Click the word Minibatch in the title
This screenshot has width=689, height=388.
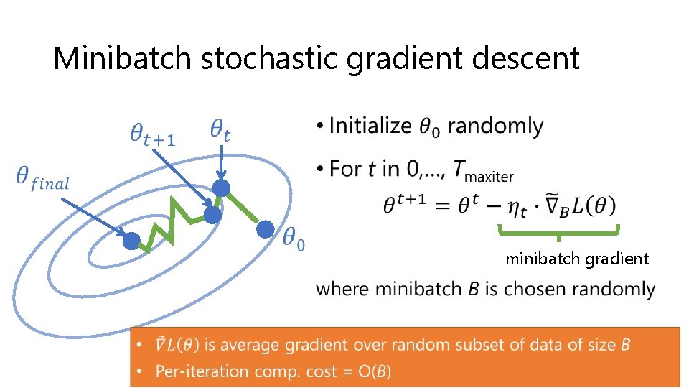122,57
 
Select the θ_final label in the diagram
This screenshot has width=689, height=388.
42,178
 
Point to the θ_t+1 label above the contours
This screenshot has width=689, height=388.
152,134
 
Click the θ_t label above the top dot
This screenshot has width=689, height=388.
220,130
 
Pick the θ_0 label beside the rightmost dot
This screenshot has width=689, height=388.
294,240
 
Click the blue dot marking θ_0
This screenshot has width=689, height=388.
265,229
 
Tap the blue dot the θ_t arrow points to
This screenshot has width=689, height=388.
221,188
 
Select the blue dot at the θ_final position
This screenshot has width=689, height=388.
131,241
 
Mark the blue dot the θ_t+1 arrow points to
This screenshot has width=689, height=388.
212,215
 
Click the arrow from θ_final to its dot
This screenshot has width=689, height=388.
93,216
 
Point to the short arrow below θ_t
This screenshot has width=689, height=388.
221,162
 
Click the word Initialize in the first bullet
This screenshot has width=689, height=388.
370,126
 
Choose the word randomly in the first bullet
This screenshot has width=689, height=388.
495,126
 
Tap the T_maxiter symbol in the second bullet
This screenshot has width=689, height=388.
483,171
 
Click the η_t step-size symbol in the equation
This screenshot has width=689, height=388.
517,207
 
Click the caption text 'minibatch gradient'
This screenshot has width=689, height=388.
577,259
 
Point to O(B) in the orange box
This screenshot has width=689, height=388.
375,371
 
